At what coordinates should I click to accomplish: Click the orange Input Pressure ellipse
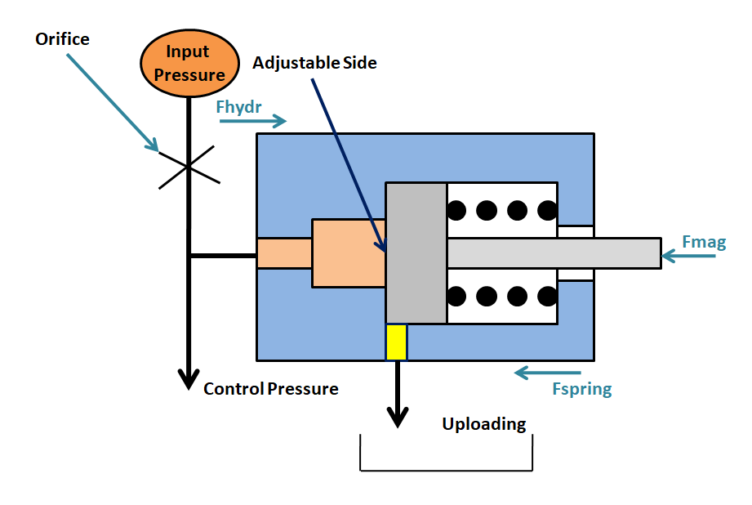click(x=189, y=63)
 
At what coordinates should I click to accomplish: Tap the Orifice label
click(x=62, y=38)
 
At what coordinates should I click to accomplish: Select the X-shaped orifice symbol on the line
click(x=189, y=166)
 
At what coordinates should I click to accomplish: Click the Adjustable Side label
click(x=314, y=62)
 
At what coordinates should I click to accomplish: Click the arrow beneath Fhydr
click(x=253, y=122)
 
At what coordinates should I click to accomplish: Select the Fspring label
click(x=581, y=388)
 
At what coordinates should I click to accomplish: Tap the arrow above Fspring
click(x=553, y=373)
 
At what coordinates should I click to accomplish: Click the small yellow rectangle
click(x=396, y=342)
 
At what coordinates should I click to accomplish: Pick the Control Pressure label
click(x=270, y=389)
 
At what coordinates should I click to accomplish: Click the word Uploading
click(x=484, y=424)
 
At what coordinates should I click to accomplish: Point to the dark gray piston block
click(x=416, y=252)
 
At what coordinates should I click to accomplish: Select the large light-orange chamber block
click(x=349, y=252)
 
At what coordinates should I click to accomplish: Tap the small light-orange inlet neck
click(x=284, y=253)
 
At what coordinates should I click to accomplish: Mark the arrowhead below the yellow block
click(x=397, y=418)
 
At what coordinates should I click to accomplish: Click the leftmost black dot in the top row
click(x=456, y=210)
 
